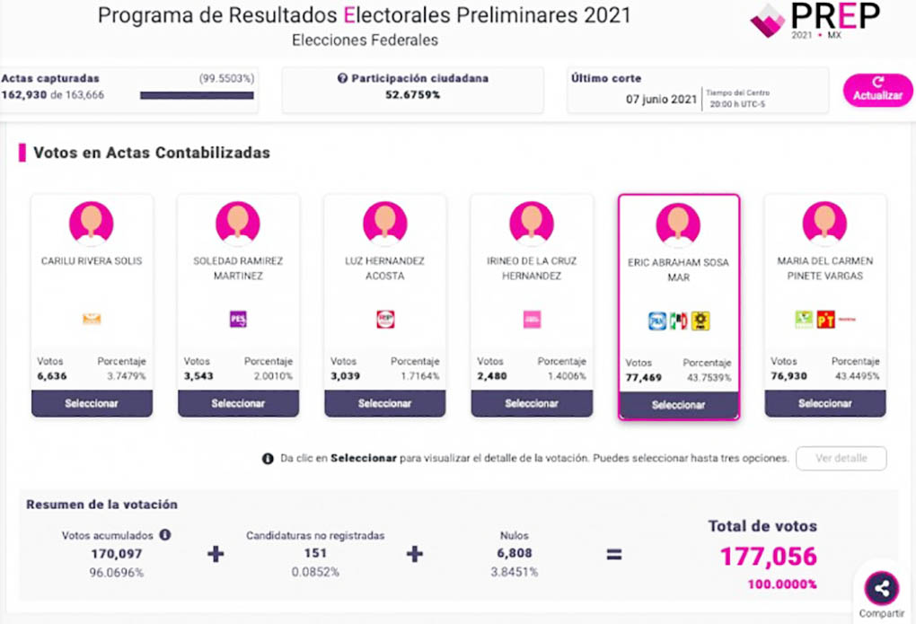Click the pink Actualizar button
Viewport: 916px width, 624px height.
(x=877, y=90)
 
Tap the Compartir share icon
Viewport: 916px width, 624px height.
(x=881, y=588)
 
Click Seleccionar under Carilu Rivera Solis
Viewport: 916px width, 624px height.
(x=92, y=404)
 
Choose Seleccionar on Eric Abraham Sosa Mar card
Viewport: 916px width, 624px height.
(x=678, y=405)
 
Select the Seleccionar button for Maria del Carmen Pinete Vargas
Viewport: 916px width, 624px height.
(x=824, y=404)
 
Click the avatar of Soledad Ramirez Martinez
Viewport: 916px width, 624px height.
(x=238, y=222)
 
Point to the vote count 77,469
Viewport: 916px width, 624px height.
(x=644, y=378)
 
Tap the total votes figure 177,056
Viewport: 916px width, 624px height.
(x=768, y=557)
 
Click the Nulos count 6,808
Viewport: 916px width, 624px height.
(x=515, y=553)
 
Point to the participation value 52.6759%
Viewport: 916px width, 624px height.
(x=413, y=95)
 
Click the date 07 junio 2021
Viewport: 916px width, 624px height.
(x=662, y=99)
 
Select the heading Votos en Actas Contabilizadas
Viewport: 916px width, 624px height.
(x=152, y=153)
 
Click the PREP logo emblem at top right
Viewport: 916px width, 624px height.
(x=767, y=21)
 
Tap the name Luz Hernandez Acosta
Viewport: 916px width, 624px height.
(x=384, y=268)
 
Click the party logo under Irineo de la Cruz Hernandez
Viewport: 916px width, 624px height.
(x=532, y=319)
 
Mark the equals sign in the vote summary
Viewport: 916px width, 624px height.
(x=613, y=554)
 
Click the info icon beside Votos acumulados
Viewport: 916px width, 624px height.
(x=165, y=534)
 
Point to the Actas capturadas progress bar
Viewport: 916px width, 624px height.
(x=197, y=95)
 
